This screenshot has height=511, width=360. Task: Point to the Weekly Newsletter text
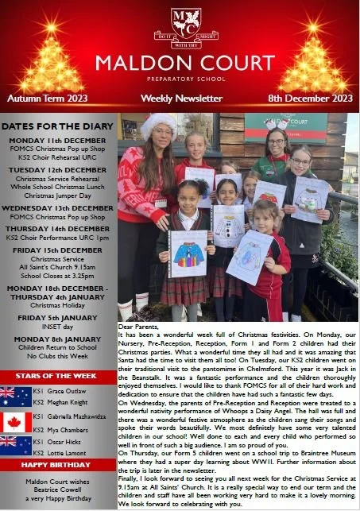click(x=181, y=99)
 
